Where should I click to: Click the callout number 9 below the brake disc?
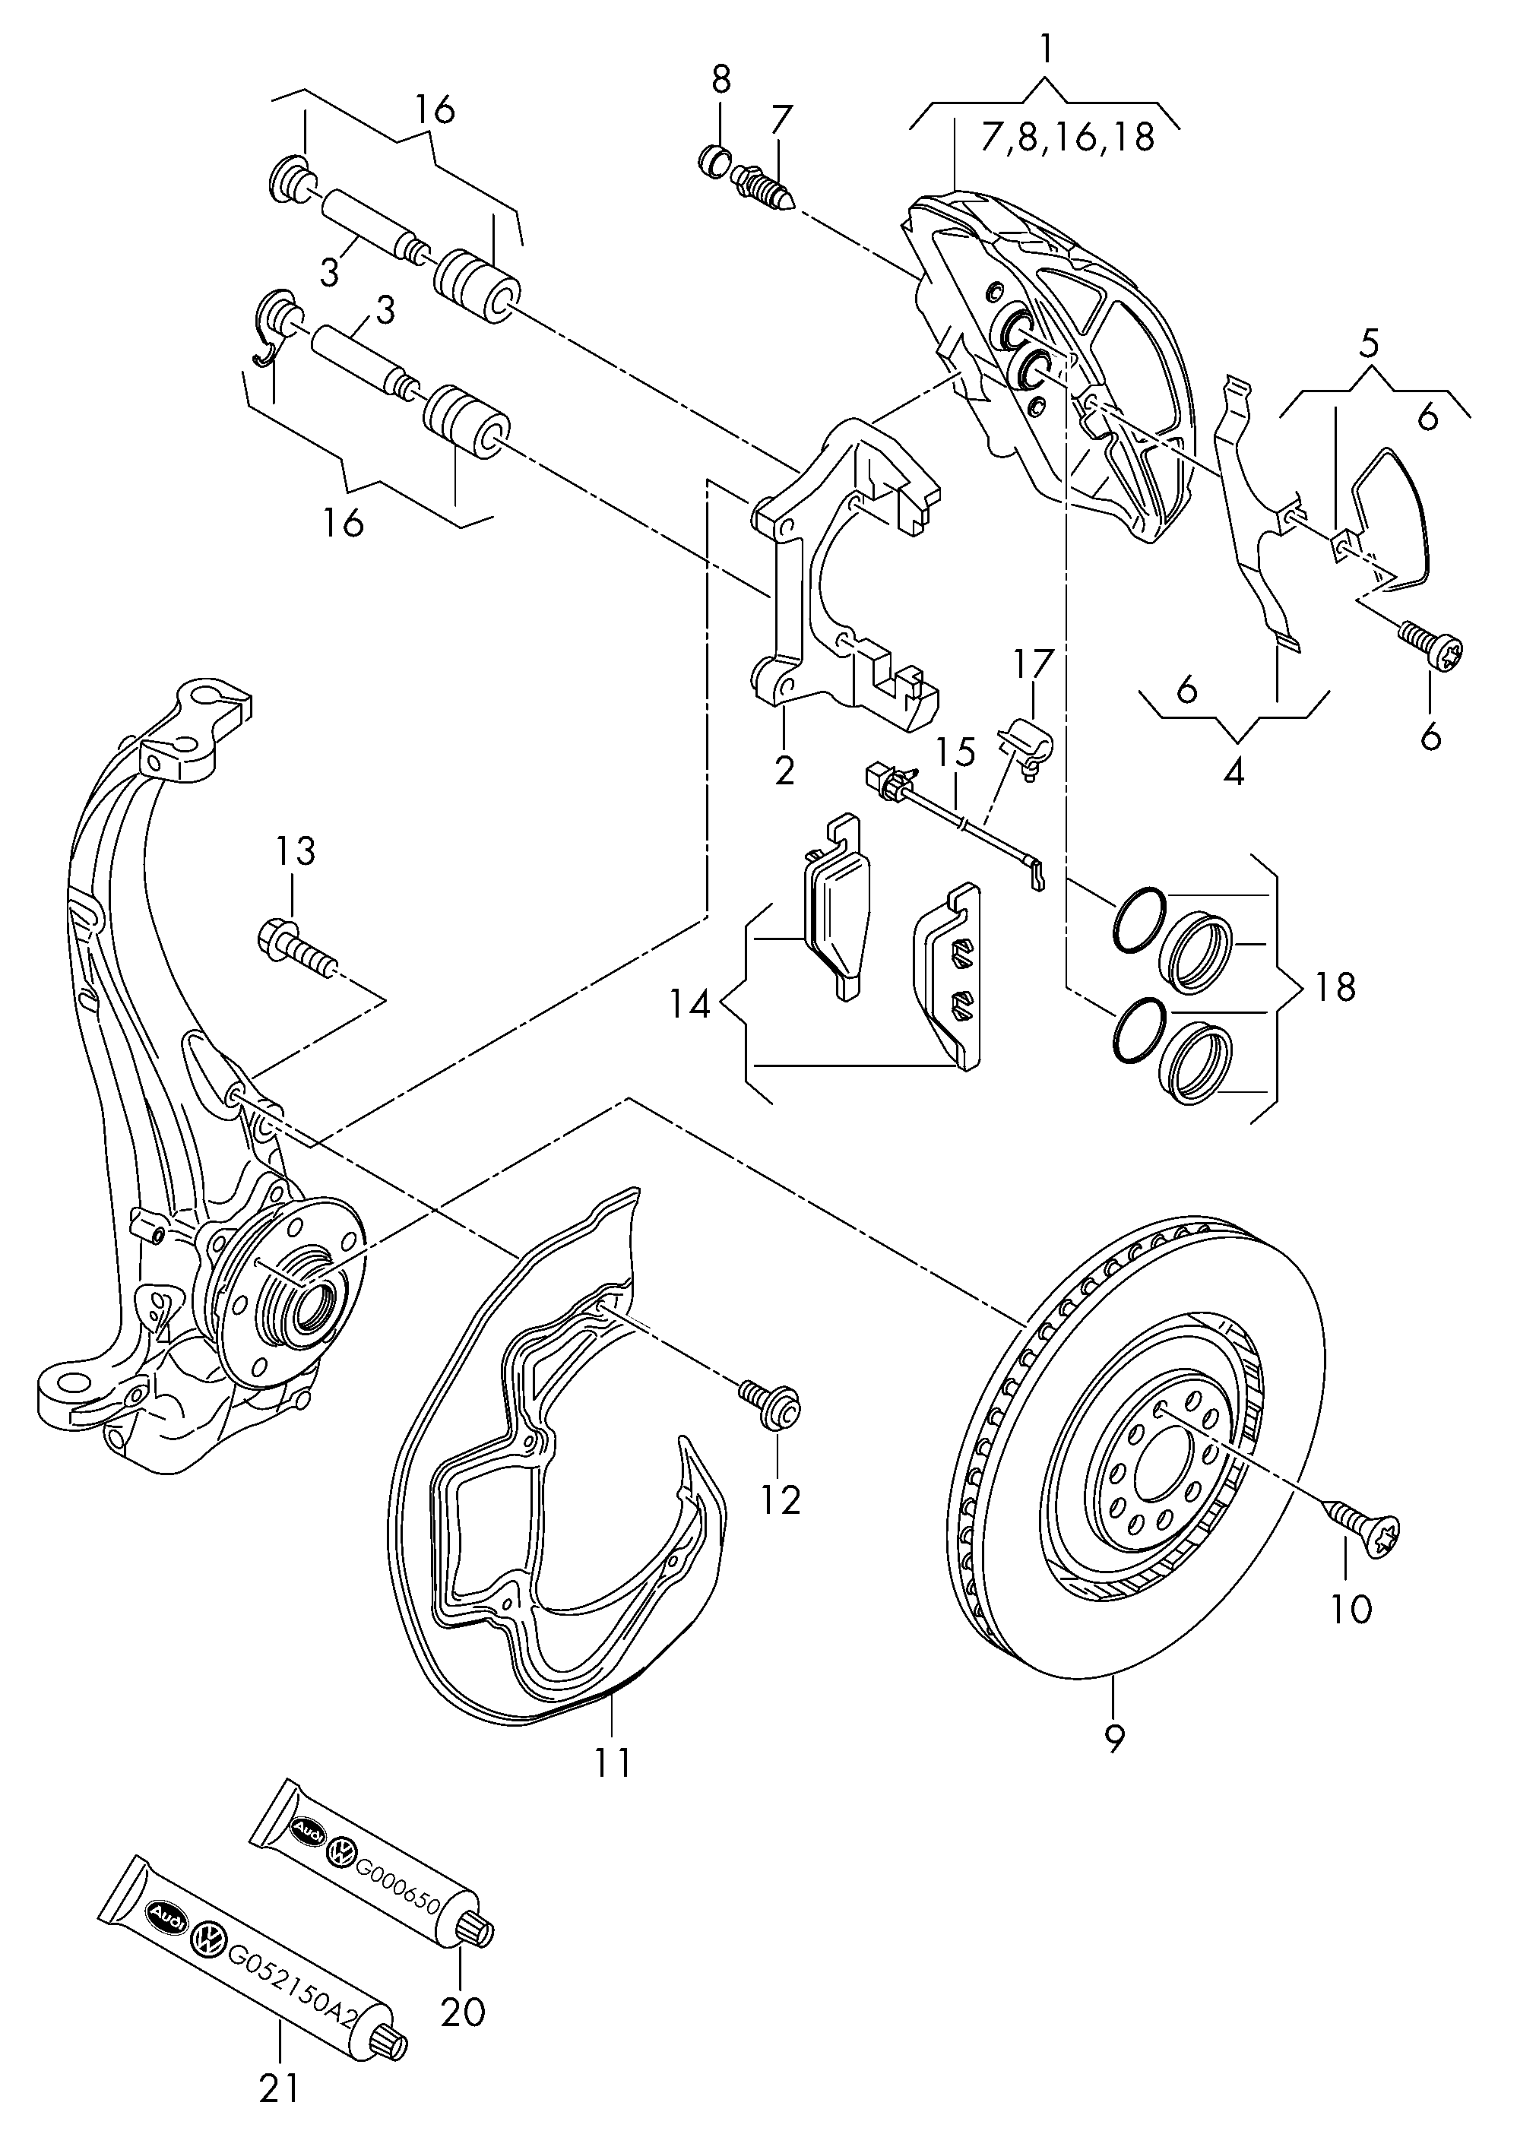[x=1114, y=1739]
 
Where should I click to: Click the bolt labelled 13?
[x=295, y=948]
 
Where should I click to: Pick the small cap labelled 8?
[x=717, y=160]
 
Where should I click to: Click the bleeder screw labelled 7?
[x=765, y=186]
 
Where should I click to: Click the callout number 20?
[x=463, y=2010]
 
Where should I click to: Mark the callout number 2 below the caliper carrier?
[x=784, y=771]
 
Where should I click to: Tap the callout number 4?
[x=1234, y=773]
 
